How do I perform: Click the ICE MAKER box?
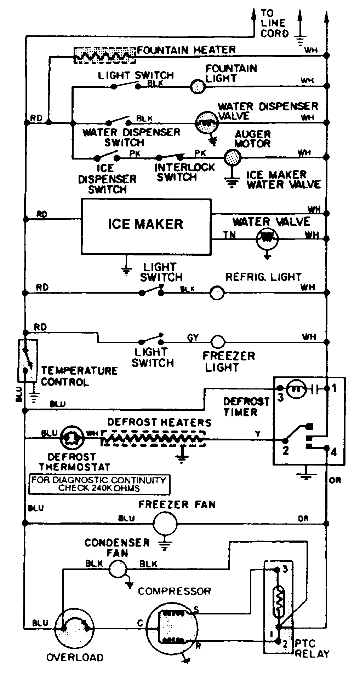(146, 226)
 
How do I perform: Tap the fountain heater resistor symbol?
(105, 55)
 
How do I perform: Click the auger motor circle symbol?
(233, 156)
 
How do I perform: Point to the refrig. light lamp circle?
(217, 293)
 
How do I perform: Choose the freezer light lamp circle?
(218, 342)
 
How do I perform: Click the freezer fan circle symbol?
(165, 522)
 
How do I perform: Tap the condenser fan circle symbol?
(117, 569)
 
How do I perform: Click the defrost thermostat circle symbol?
(73, 439)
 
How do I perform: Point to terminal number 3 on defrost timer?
(280, 398)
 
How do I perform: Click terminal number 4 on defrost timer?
(333, 452)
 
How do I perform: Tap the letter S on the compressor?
(196, 610)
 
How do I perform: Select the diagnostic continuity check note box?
(99, 484)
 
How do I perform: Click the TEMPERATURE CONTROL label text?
(79, 376)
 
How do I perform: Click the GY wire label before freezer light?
(193, 338)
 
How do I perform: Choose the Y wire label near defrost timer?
(258, 434)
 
